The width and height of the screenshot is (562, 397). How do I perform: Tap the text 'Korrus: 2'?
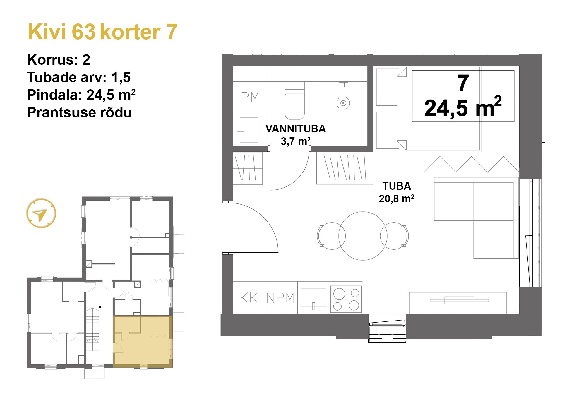[58, 60]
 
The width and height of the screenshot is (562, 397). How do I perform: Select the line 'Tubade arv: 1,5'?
[78, 77]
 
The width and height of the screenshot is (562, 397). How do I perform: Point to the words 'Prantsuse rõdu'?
[79, 112]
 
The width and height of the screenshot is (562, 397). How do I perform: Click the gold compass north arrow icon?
[41, 213]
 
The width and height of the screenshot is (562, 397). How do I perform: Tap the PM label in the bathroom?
[250, 97]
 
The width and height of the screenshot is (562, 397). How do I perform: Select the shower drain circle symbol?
[343, 103]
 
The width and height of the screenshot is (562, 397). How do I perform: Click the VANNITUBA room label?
[295, 129]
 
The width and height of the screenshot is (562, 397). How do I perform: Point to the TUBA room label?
[396, 186]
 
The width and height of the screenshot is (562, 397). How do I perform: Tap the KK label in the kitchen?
[249, 298]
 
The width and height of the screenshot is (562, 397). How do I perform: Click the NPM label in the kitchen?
[280, 298]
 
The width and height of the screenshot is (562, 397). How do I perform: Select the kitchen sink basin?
[313, 298]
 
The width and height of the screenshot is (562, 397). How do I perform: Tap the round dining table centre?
[363, 236]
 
